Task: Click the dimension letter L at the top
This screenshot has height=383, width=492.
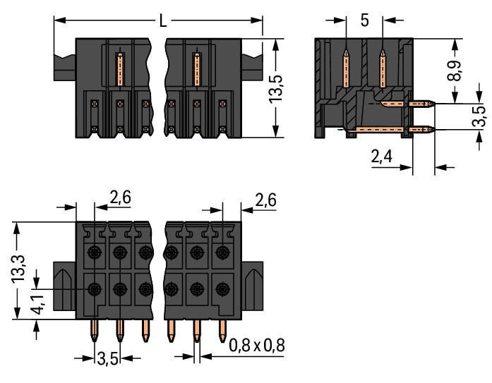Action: pos(163,20)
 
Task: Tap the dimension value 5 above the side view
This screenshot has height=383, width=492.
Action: pos(364,20)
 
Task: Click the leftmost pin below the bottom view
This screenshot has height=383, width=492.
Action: pos(95,329)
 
